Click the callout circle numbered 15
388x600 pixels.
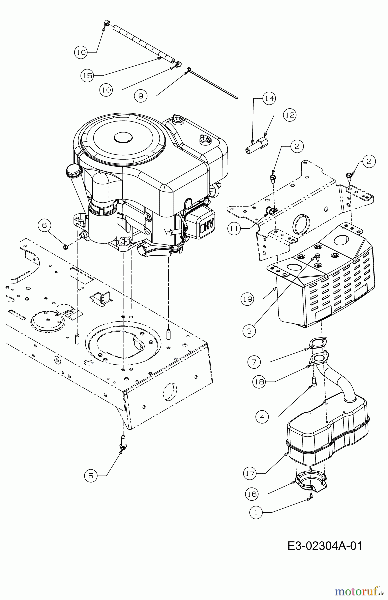coord(87,76)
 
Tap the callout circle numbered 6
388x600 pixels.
coord(44,225)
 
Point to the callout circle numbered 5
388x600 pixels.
coord(91,476)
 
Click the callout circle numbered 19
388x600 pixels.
coord(247,299)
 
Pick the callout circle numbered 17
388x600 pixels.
coord(250,473)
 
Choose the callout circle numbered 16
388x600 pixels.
coord(252,494)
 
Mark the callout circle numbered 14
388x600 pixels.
coord(269,98)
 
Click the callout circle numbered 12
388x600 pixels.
coord(290,115)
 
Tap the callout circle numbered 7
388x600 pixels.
coord(254,362)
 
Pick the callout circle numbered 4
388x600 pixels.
coord(262,417)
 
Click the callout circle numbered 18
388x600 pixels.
coord(259,382)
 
